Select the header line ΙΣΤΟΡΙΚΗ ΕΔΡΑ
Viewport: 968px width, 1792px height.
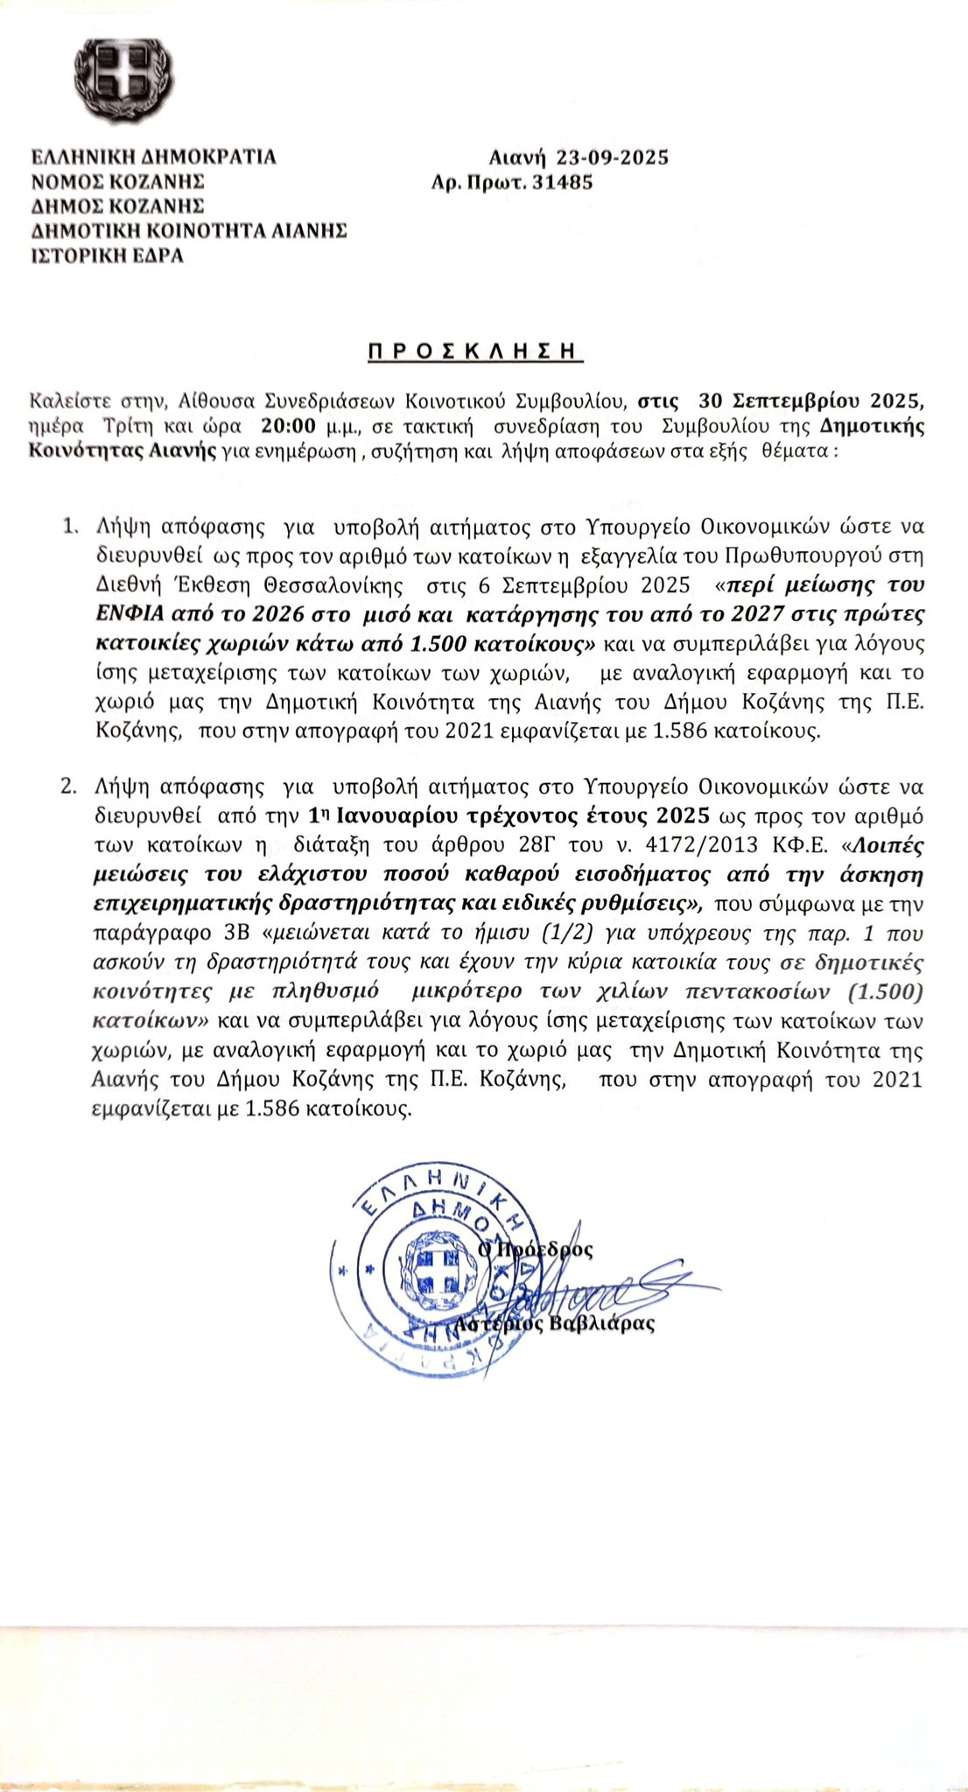pos(108,255)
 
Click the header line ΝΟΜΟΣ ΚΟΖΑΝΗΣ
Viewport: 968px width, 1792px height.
pos(117,182)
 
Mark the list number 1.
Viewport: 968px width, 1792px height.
pos(69,527)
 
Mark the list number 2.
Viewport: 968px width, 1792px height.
pos(69,785)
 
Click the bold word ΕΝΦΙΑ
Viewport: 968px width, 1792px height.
pos(124,612)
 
